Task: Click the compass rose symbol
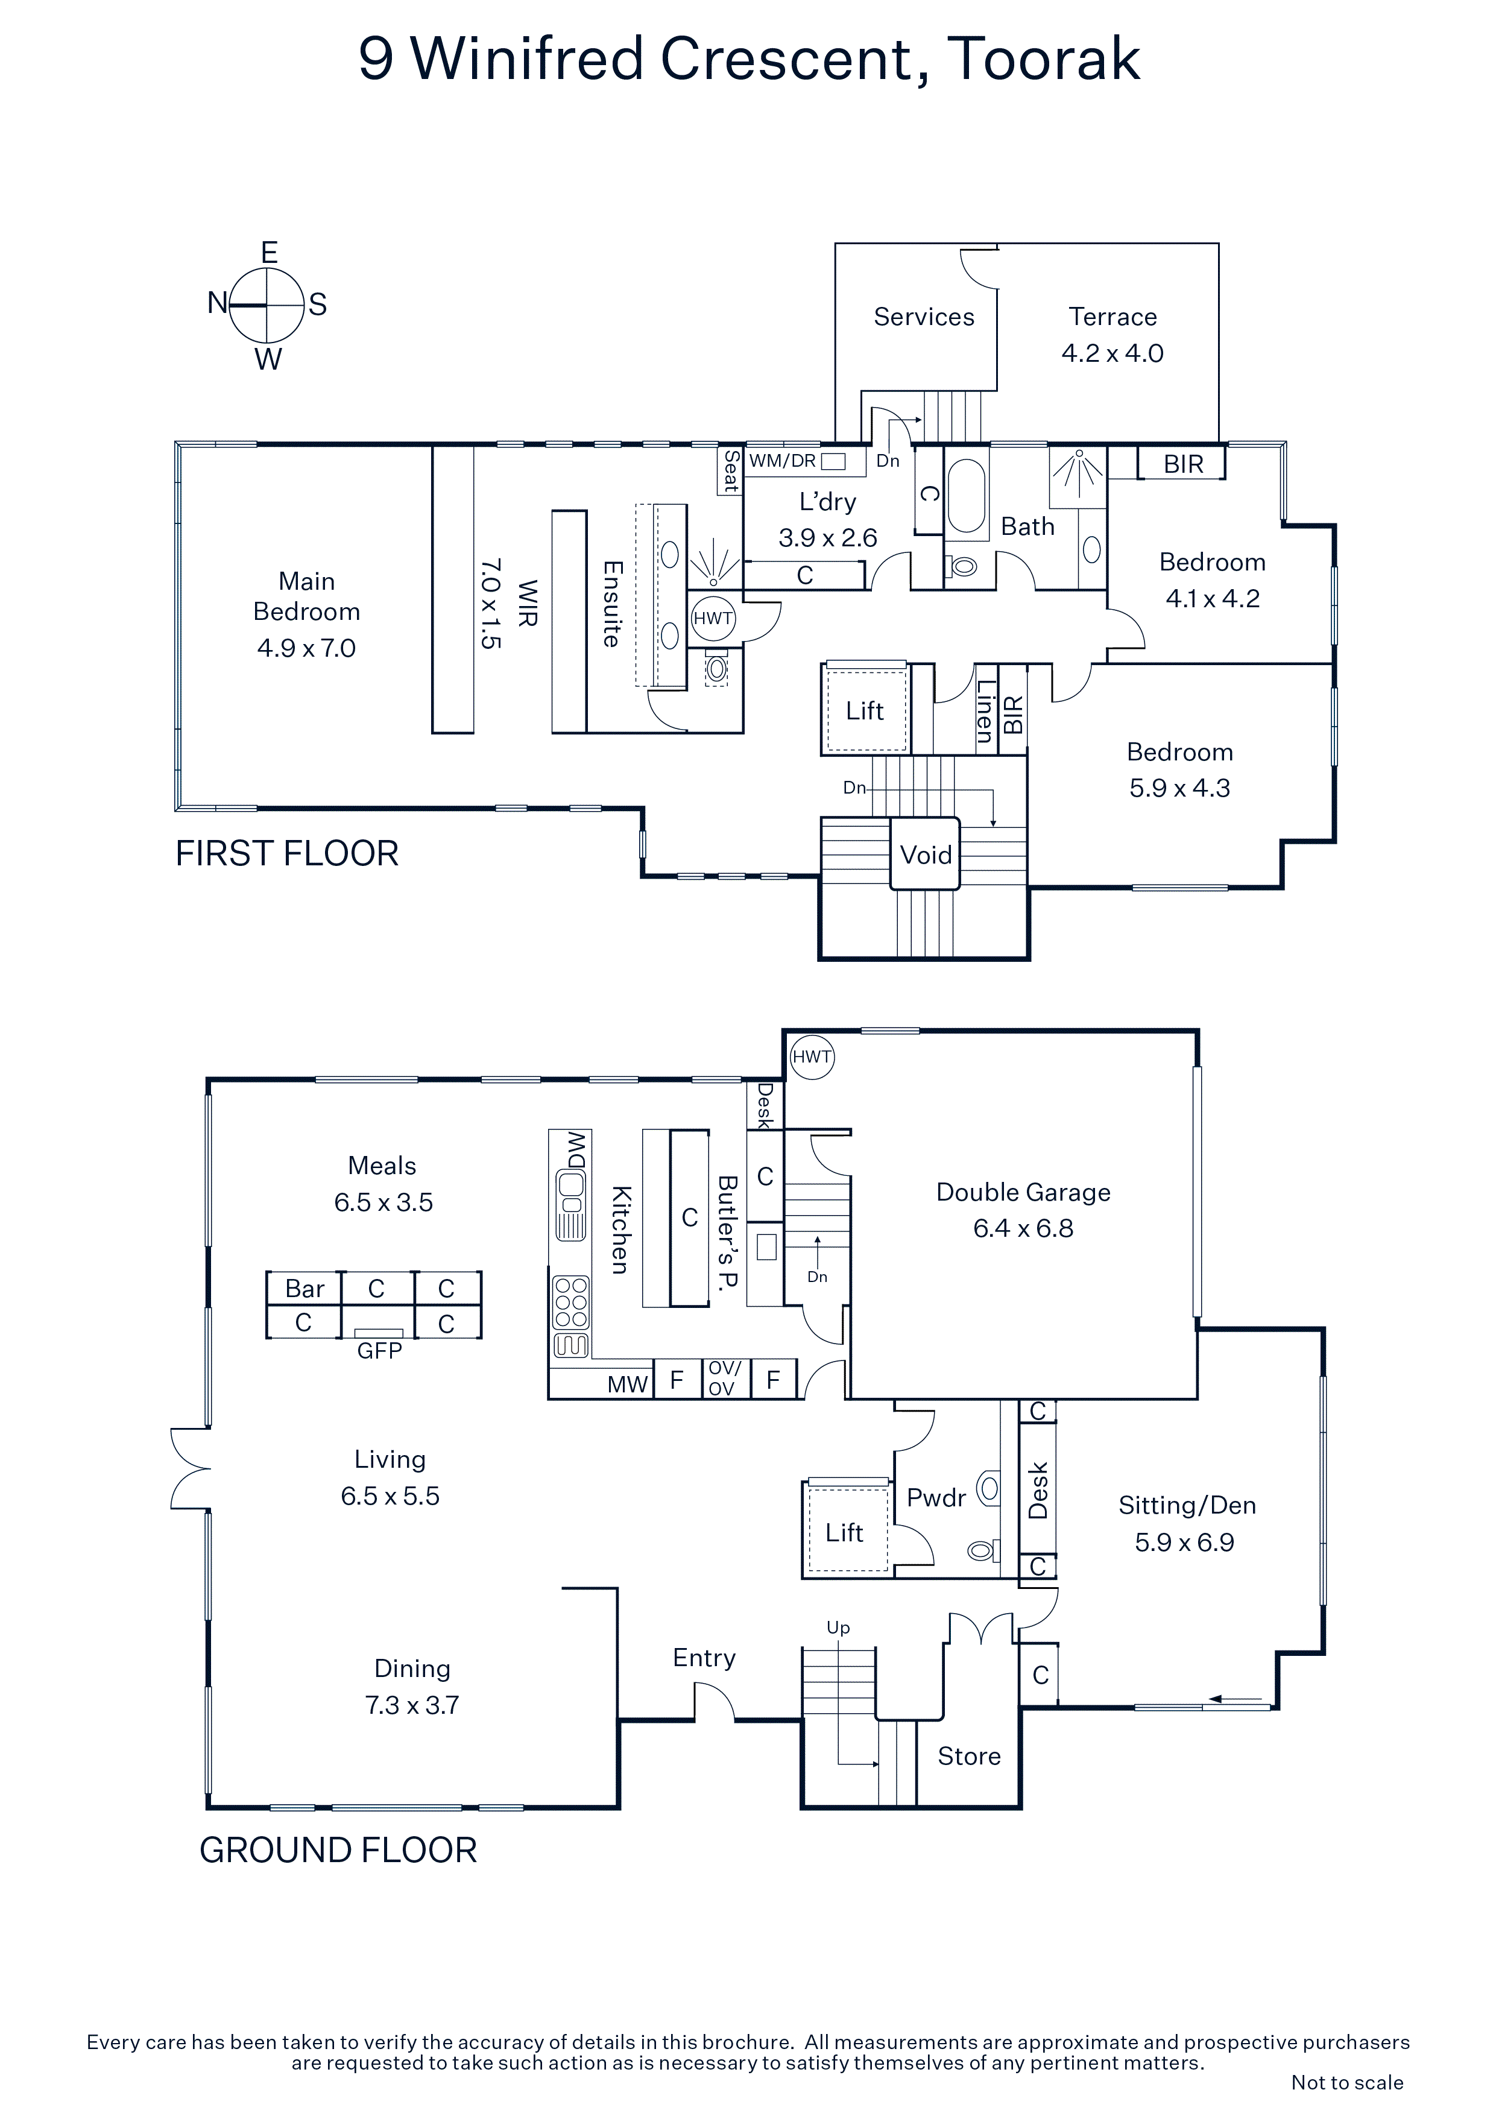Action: (x=267, y=305)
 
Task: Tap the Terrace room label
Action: (x=1113, y=317)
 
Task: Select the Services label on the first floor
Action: (x=924, y=317)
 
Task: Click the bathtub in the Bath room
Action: (x=966, y=497)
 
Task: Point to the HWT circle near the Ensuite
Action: (x=713, y=618)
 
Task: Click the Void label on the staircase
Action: (x=926, y=855)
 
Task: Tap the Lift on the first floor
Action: (x=865, y=710)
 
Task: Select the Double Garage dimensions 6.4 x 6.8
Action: (x=1023, y=1228)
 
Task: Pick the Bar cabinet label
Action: (x=304, y=1289)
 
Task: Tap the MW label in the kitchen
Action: (x=628, y=1385)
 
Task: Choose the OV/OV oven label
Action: (x=722, y=1379)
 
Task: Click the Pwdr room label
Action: (x=936, y=1498)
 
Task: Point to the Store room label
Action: (x=969, y=1757)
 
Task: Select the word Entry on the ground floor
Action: (x=704, y=1658)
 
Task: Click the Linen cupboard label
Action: (x=985, y=710)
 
